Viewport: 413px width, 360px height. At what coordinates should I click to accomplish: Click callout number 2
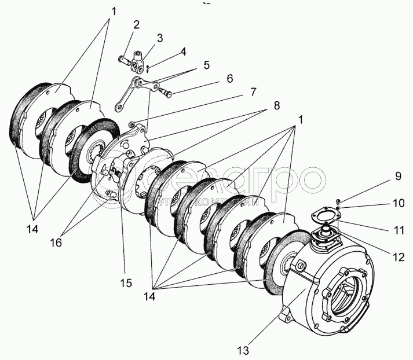point(136,25)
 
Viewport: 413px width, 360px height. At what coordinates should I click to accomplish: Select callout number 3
point(160,38)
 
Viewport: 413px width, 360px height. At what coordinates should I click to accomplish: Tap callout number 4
point(182,51)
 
